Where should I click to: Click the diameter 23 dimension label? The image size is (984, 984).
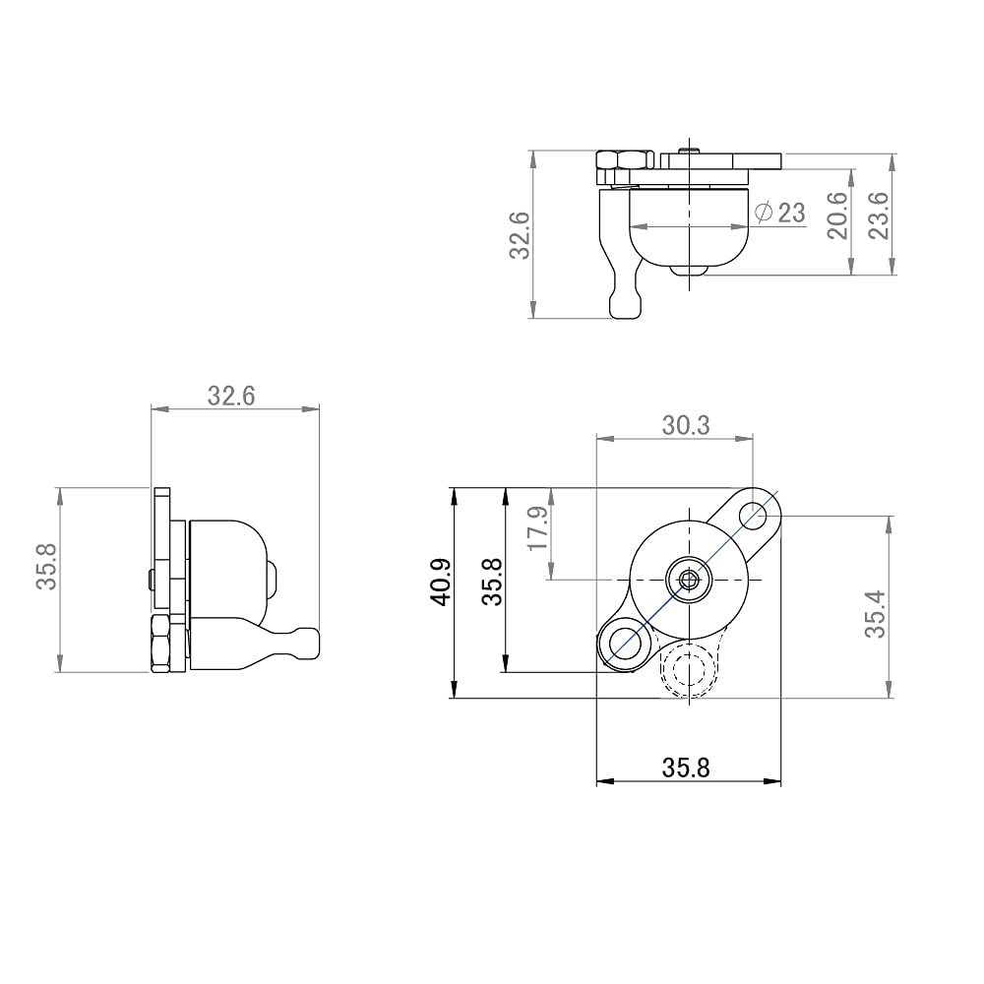(x=779, y=212)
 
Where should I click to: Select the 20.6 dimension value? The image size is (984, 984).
(x=836, y=214)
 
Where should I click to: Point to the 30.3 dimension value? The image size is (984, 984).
(x=686, y=425)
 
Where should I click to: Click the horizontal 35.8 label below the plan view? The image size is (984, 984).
(x=686, y=768)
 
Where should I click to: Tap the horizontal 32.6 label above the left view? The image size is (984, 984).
(x=231, y=396)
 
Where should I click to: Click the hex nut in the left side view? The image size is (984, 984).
(x=161, y=644)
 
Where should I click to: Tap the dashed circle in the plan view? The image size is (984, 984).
(x=689, y=670)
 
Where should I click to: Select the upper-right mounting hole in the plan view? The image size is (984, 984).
(x=754, y=515)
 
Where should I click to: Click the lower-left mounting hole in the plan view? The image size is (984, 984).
(x=623, y=645)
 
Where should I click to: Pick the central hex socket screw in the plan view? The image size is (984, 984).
(x=688, y=580)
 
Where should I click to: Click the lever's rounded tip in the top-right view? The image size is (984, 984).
(x=627, y=306)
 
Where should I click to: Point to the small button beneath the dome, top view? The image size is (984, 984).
(x=691, y=270)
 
